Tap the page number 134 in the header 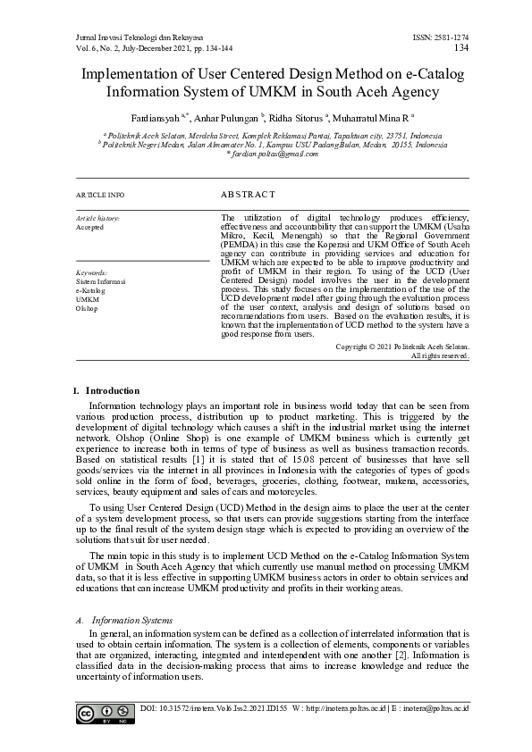(461, 47)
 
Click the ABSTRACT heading (248, 194)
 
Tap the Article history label (97, 218)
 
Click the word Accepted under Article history (89, 228)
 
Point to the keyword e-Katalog (90, 290)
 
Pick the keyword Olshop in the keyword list (87, 308)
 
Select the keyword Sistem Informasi (100, 281)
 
